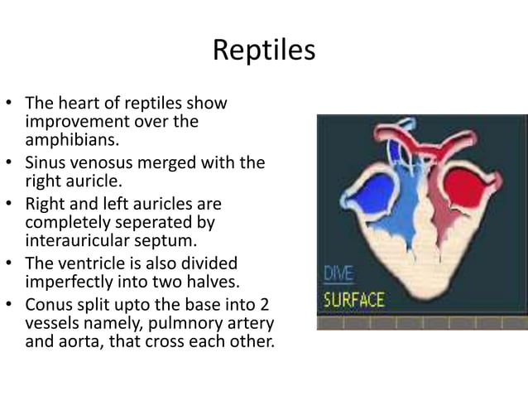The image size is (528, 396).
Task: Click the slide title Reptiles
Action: (x=264, y=50)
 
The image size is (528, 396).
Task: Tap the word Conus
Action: (x=50, y=303)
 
